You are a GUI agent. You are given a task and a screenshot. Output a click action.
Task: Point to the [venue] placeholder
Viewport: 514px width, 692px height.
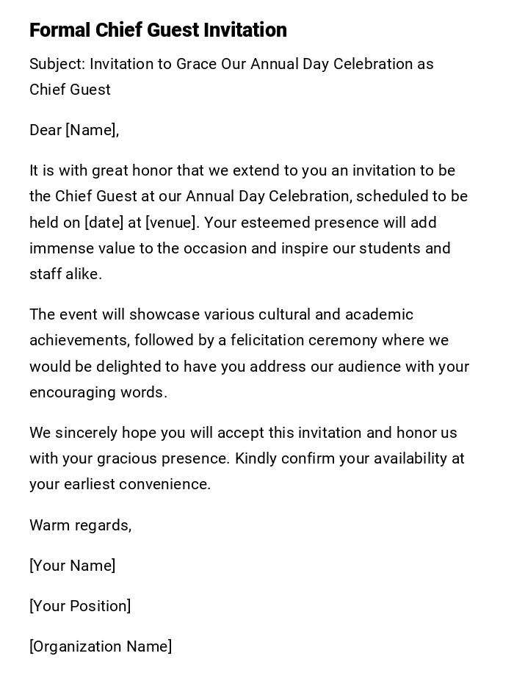pos(170,223)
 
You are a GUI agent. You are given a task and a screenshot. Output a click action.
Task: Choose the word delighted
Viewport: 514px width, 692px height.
pos(128,367)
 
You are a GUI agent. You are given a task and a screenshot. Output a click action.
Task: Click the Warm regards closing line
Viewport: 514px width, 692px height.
pos(80,525)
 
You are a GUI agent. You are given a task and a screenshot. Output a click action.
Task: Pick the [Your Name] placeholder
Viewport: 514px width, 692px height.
pos(72,566)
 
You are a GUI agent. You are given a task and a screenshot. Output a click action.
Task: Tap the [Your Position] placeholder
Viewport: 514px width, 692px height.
pos(80,606)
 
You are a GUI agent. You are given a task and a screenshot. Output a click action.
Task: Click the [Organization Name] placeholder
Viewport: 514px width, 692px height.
pos(101,646)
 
